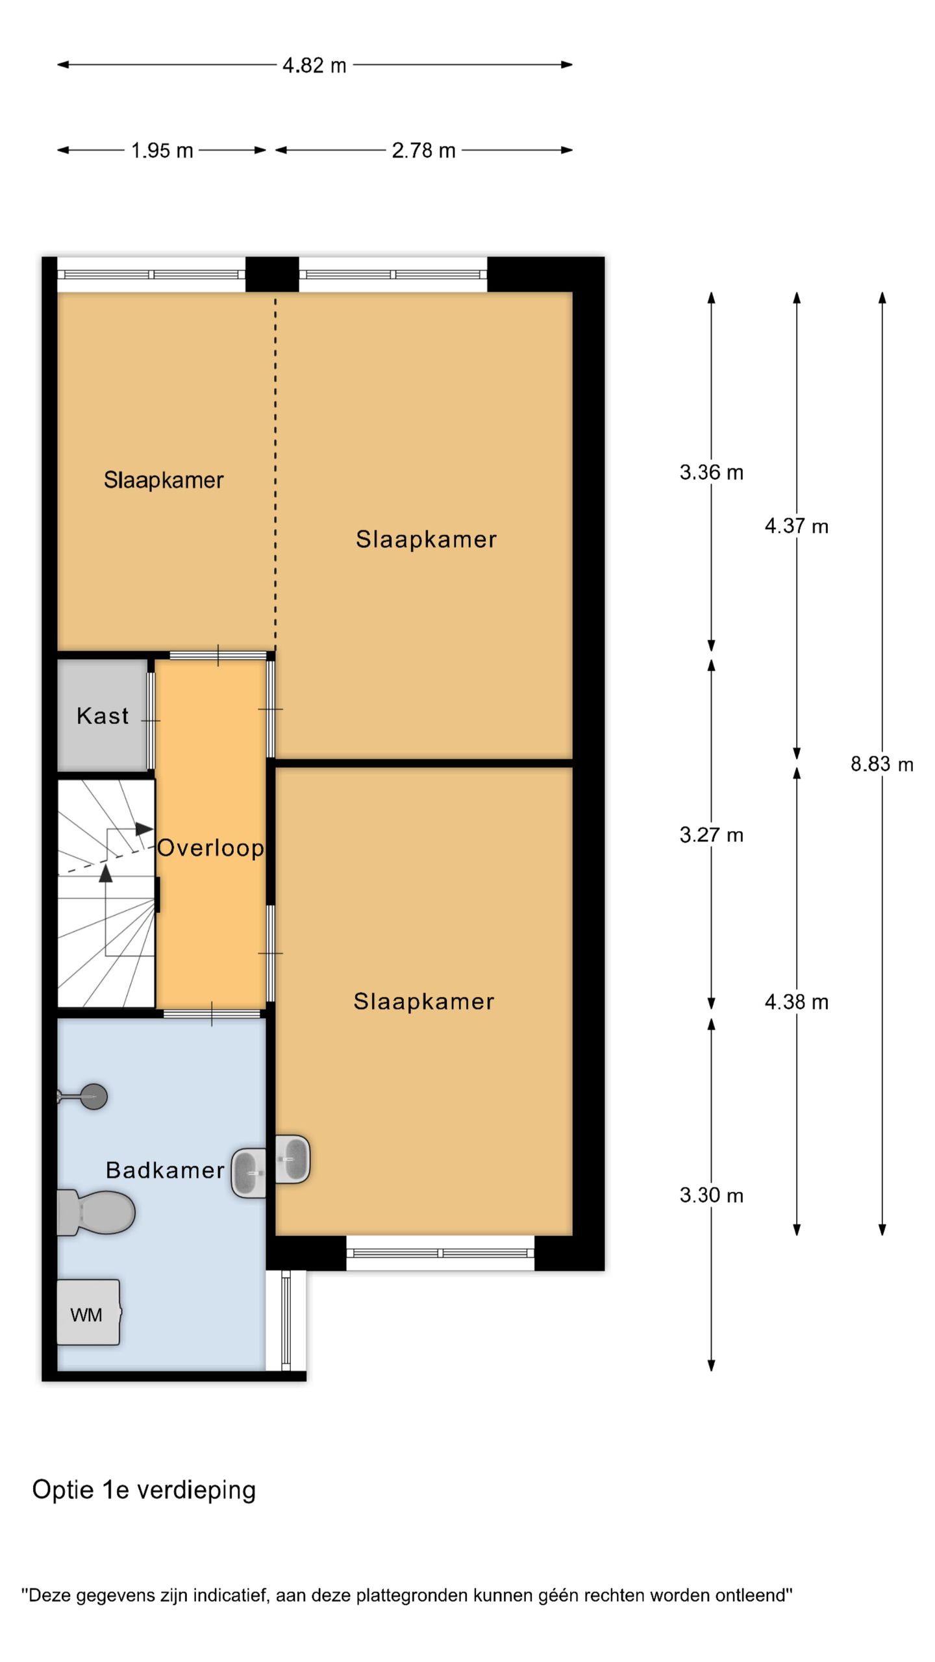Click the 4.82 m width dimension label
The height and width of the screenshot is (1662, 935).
tap(314, 66)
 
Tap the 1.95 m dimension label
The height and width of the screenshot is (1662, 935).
tap(162, 151)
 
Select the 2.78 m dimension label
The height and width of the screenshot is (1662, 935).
tap(423, 151)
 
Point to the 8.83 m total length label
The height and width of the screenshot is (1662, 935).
tap(882, 763)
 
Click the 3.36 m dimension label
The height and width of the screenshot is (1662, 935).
tap(711, 472)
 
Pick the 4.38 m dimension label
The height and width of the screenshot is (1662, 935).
tap(797, 1002)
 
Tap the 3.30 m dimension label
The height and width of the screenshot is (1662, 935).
tap(711, 1195)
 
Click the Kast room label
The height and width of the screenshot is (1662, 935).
tap(103, 715)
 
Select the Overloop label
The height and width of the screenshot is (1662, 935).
tap(210, 847)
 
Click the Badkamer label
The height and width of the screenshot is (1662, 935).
tap(165, 1170)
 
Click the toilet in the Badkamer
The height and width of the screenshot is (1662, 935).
tap(95, 1212)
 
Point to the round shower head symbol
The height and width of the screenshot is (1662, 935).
tap(94, 1097)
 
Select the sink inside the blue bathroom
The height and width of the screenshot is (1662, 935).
tap(249, 1173)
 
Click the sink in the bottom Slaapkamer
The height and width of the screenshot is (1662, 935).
tap(293, 1159)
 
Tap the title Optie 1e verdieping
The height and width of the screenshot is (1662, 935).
tap(144, 1490)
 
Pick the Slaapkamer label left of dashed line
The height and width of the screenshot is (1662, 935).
tap(164, 480)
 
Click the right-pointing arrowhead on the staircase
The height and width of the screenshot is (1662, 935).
tap(144, 829)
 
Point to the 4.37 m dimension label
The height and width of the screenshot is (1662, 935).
tap(797, 526)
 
